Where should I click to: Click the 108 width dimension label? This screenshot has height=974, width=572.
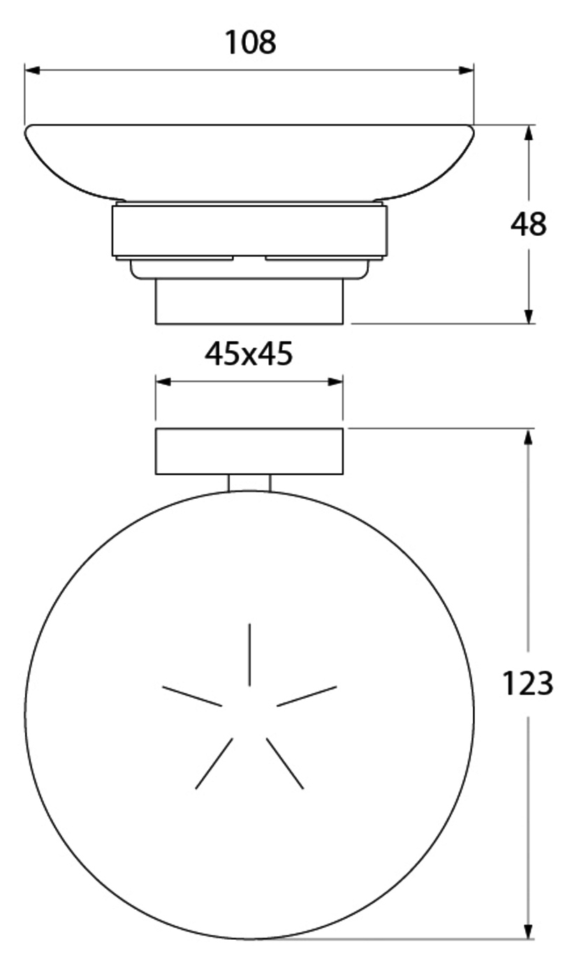(x=250, y=43)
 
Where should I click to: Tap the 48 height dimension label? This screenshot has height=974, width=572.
(x=528, y=225)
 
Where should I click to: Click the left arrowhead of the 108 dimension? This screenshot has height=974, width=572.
(x=32, y=70)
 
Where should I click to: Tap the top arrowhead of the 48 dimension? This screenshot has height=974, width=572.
(x=529, y=133)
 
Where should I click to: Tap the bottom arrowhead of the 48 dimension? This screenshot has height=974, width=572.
(x=529, y=316)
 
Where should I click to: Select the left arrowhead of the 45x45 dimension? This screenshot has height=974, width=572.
(x=163, y=382)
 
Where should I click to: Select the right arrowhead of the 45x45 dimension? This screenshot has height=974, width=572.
(x=336, y=382)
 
